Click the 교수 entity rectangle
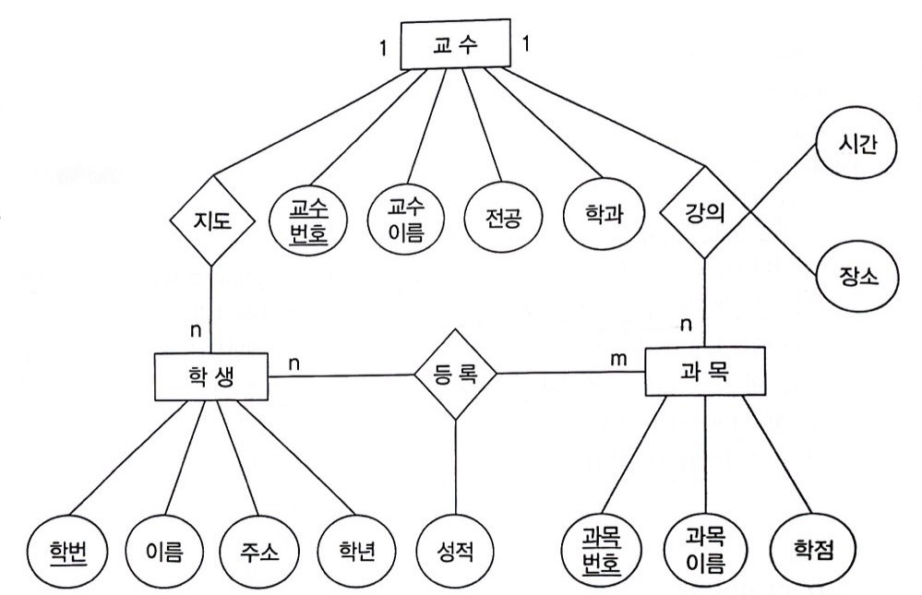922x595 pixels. (x=454, y=44)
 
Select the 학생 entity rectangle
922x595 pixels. (x=211, y=376)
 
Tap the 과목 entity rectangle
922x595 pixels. (x=704, y=373)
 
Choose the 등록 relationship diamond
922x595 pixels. (x=455, y=374)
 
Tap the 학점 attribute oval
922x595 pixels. (x=808, y=551)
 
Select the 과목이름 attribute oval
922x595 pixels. (x=704, y=551)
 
